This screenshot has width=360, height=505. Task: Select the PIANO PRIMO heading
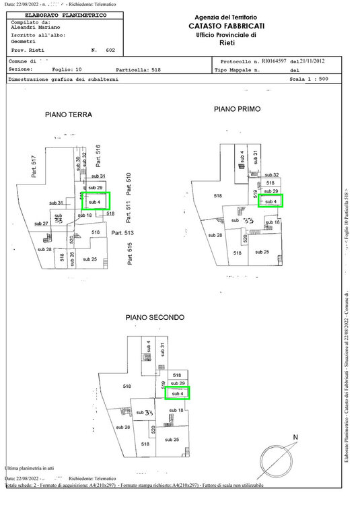pyautogui.click(x=237, y=108)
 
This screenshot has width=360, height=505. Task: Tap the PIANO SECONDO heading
pyautogui.click(x=155, y=317)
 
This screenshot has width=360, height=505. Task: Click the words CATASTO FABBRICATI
pyautogui.click(x=226, y=26)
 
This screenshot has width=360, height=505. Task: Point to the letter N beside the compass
pyautogui.click(x=294, y=438)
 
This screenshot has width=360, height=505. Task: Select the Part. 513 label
pyautogui.click(x=123, y=233)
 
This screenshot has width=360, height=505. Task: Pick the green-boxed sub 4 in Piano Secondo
pyautogui.click(x=178, y=393)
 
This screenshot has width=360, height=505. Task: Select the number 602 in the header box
pyautogui.click(x=110, y=50)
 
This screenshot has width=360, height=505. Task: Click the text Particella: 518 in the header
pyautogui.click(x=139, y=69)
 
